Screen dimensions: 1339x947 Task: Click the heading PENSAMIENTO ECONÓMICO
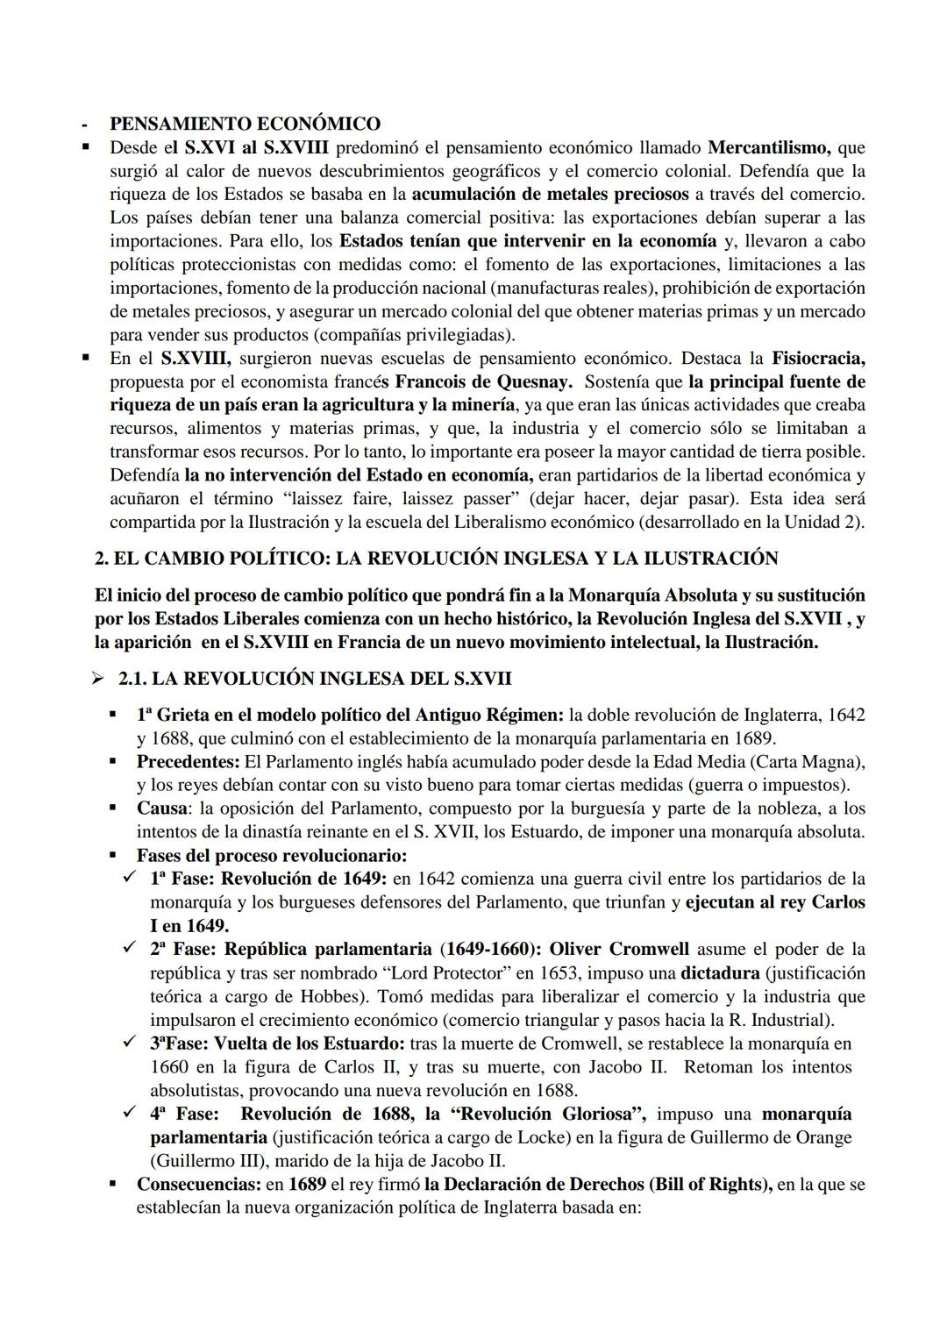tap(245, 124)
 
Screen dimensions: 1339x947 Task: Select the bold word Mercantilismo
tap(769, 147)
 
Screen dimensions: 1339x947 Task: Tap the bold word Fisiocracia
tap(818, 358)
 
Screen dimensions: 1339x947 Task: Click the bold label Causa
tap(162, 808)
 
